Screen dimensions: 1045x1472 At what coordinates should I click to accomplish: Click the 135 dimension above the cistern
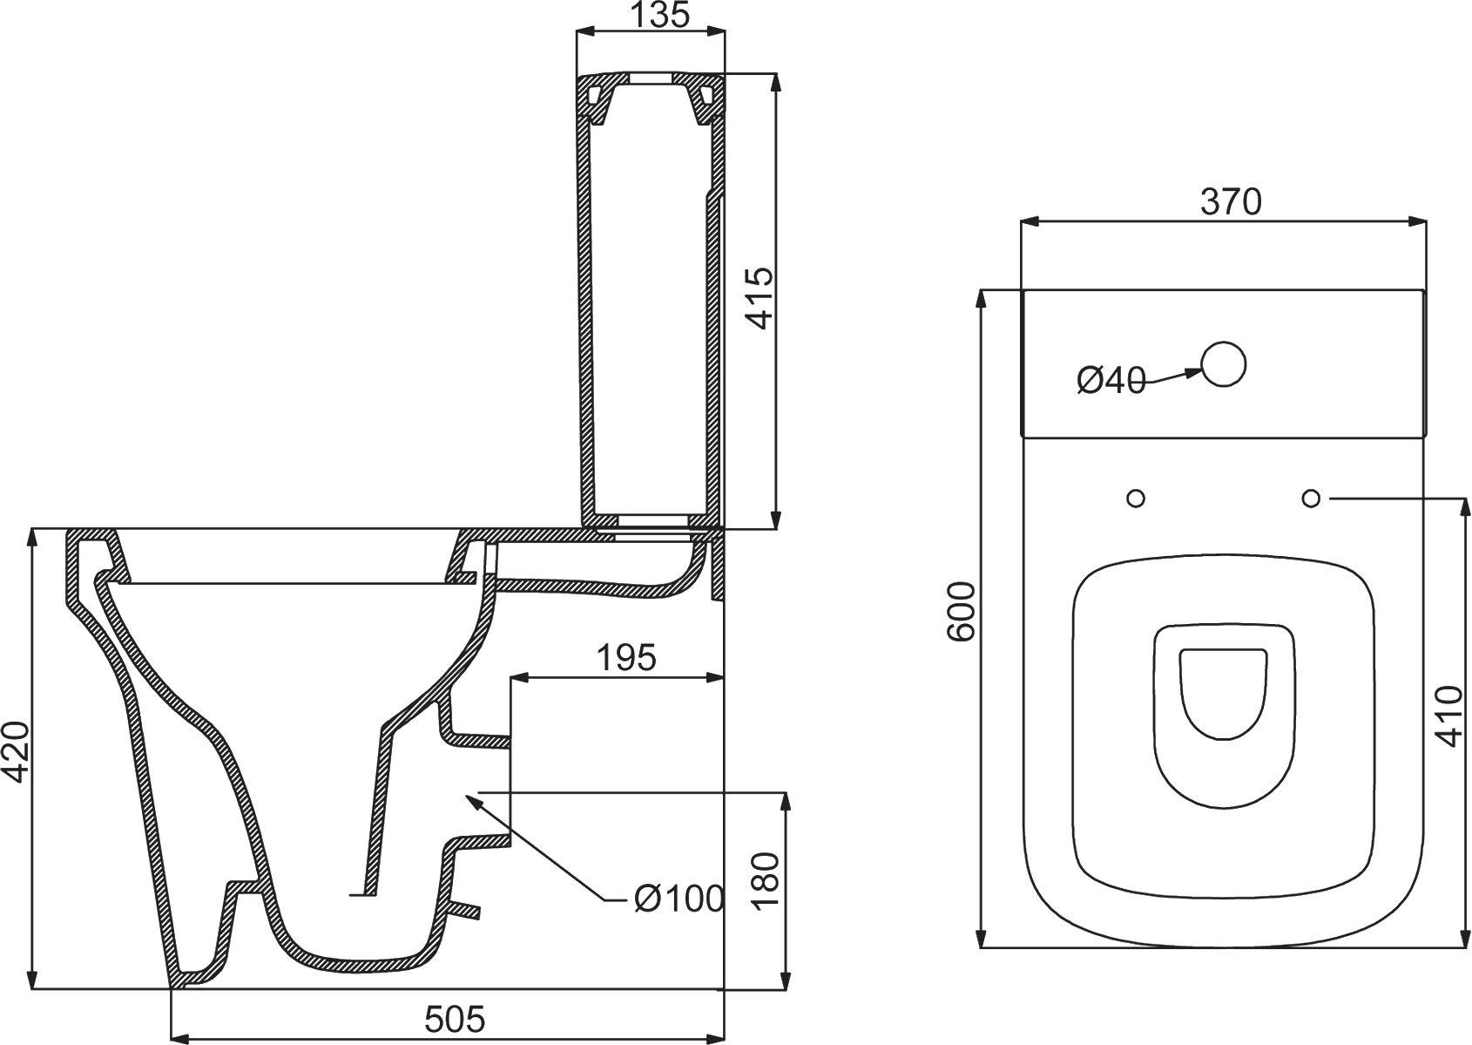(x=652, y=15)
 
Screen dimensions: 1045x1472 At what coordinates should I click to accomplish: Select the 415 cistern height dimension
(x=760, y=299)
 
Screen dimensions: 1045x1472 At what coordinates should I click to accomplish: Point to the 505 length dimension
(x=454, y=1018)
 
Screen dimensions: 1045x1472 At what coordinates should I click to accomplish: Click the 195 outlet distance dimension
(x=626, y=658)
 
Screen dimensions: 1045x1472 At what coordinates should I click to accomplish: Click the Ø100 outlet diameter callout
(x=679, y=898)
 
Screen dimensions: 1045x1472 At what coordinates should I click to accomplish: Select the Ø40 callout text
(x=1111, y=380)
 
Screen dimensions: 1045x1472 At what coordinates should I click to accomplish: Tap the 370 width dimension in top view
(x=1231, y=202)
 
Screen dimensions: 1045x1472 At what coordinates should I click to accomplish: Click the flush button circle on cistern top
(x=1223, y=364)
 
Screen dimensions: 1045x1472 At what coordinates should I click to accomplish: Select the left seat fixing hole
(x=1135, y=499)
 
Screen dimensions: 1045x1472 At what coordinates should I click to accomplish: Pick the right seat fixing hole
(x=1311, y=498)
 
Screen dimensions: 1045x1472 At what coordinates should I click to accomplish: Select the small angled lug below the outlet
(x=465, y=909)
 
